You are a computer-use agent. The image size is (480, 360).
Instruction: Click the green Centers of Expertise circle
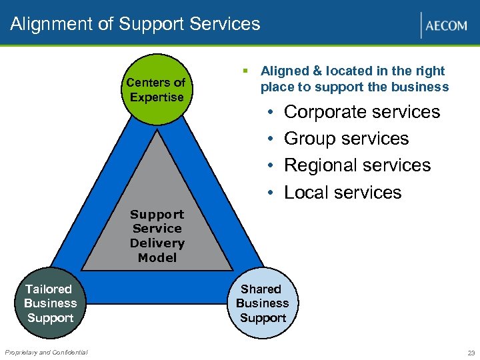(x=157, y=89)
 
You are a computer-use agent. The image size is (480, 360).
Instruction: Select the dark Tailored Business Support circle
(x=50, y=303)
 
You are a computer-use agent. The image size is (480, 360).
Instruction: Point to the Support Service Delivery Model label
(x=157, y=236)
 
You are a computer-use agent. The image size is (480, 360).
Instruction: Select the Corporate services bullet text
(x=362, y=112)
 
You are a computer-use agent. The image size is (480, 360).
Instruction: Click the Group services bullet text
(x=346, y=139)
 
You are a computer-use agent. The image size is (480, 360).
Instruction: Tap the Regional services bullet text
(x=357, y=165)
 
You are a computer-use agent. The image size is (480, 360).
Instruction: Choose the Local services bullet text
(x=343, y=193)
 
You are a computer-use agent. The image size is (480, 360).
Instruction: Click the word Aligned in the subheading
(x=285, y=71)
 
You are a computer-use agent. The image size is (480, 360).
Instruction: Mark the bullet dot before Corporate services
(x=272, y=112)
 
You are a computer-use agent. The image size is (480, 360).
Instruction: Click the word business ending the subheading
(x=421, y=87)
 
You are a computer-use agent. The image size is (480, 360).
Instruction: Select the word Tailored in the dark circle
(x=48, y=289)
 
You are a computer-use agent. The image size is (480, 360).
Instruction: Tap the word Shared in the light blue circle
(x=261, y=289)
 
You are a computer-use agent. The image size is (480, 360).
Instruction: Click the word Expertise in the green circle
(x=157, y=97)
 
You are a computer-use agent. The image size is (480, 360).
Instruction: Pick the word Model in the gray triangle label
(x=157, y=258)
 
